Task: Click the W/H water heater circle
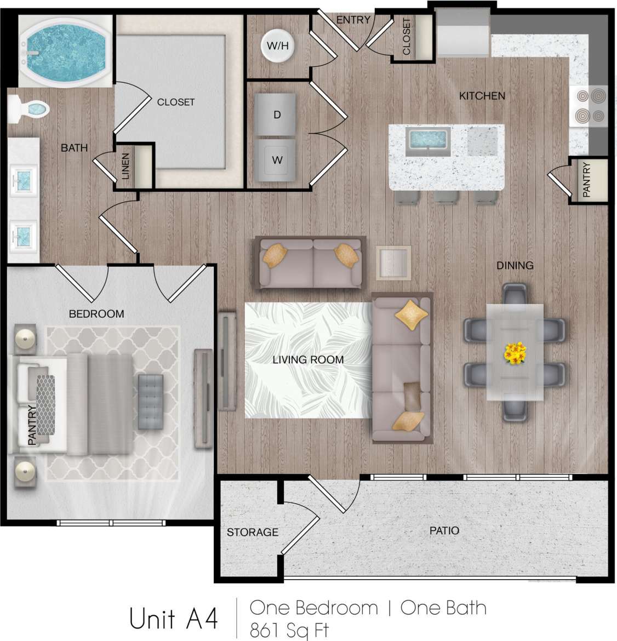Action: pos(277,46)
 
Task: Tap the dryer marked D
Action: pos(277,115)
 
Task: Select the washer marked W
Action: pos(277,160)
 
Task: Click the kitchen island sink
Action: pos(427,140)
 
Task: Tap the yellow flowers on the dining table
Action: pos(515,353)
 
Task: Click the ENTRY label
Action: pos(353,20)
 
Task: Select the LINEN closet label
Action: pos(126,167)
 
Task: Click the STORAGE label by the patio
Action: pos(252,532)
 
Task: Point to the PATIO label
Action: pos(444,530)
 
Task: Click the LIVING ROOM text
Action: pos(308,360)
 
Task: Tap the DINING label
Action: pos(515,265)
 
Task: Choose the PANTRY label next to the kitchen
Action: pos(586,180)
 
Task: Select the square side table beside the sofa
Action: pos(393,263)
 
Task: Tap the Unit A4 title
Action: pos(174,619)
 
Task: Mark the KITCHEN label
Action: pos(482,96)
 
